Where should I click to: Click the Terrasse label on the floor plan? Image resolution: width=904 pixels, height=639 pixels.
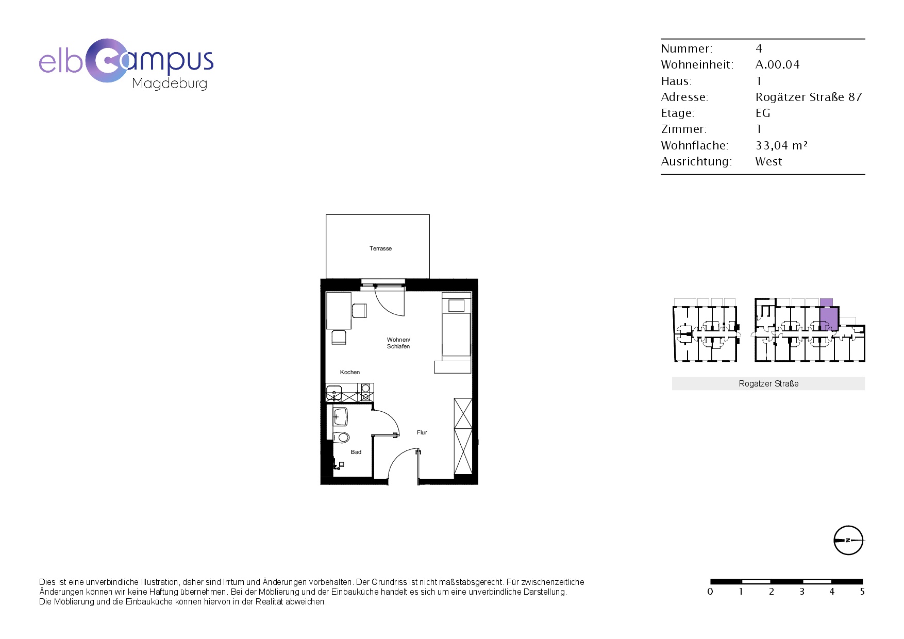click(380, 248)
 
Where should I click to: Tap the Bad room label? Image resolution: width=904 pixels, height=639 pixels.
click(356, 452)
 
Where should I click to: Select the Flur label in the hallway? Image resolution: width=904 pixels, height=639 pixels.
click(422, 432)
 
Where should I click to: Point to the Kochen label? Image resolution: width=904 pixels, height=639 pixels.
click(350, 372)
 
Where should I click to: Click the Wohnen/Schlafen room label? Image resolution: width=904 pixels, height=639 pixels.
click(398, 343)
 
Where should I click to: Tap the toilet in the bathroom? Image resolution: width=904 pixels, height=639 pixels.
click(341, 438)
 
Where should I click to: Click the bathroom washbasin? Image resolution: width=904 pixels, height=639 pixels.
click(340, 416)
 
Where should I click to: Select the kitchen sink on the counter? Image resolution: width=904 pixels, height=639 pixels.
click(334, 393)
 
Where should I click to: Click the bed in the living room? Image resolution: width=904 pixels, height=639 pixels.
click(457, 327)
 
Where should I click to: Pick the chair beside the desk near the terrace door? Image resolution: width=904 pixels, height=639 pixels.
click(359, 311)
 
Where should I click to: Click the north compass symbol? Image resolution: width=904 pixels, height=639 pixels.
click(848, 540)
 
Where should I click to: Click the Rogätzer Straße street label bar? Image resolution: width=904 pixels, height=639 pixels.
click(768, 383)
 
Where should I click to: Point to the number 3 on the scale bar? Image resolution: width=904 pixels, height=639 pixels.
click(801, 592)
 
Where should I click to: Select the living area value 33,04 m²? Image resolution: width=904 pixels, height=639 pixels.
click(781, 145)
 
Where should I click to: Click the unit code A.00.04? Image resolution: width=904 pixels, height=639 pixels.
click(777, 64)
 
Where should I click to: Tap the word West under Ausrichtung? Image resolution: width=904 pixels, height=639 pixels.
click(768, 161)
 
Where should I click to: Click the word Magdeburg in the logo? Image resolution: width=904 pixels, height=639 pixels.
click(170, 83)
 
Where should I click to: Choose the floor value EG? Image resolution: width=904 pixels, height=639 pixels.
click(763, 113)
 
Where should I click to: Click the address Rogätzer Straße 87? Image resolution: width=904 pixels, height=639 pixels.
click(809, 97)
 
